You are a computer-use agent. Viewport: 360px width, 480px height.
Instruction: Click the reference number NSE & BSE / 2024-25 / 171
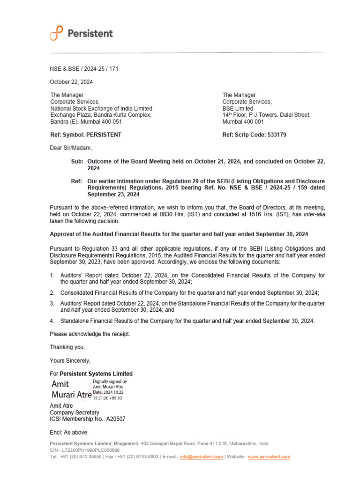[x=84, y=69]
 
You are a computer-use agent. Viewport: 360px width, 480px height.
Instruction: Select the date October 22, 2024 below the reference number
[x=71, y=82]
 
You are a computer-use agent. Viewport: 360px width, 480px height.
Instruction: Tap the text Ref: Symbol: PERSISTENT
[x=86, y=135]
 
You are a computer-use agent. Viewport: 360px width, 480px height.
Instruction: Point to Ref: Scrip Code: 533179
[x=254, y=135]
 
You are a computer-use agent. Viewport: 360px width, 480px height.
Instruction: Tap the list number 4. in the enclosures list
[x=52, y=321]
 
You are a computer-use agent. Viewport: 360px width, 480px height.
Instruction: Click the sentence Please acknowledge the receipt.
[x=90, y=334]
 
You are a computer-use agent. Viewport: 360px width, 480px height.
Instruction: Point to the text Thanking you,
[x=67, y=347]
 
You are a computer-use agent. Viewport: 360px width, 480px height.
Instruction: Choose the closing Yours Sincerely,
[x=70, y=360]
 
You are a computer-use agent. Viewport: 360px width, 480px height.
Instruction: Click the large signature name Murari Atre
[x=71, y=395]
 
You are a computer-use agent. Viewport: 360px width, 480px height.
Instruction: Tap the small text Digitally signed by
[x=110, y=382]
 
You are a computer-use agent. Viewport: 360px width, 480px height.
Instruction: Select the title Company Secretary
[x=75, y=412]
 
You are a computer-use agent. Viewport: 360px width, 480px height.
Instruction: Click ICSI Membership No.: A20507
[x=88, y=419]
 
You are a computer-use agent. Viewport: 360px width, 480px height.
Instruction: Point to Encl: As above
[x=68, y=432]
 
